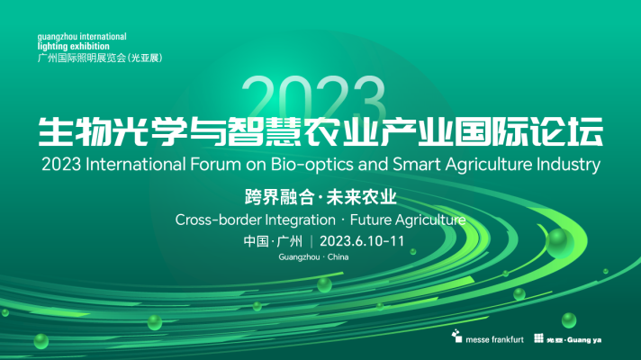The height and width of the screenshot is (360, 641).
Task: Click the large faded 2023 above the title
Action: tap(313, 96)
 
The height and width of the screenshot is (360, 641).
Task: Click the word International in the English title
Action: tap(136, 165)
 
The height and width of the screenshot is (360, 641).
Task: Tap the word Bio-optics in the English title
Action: tap(306, 165)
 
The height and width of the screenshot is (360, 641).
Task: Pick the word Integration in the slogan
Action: tap(301, 220)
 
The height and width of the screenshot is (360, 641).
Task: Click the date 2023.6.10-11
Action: tap(362, 241)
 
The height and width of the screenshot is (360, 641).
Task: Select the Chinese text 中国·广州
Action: tap(273, 241)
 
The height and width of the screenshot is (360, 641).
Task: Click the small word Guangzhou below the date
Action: tap(299, 257)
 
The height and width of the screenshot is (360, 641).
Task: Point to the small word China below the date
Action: tap(339, 257)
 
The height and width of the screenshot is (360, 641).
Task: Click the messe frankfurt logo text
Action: tap(494, 339)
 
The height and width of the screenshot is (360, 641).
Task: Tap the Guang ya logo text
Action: tap(584, 340)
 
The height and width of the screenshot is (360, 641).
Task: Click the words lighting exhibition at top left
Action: tap(74, 46)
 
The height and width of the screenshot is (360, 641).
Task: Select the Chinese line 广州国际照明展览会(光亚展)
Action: tap(100, 58)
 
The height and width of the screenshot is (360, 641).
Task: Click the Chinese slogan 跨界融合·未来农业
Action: tap(320, 197)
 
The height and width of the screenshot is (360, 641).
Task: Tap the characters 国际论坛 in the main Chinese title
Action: tap(528, 131)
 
